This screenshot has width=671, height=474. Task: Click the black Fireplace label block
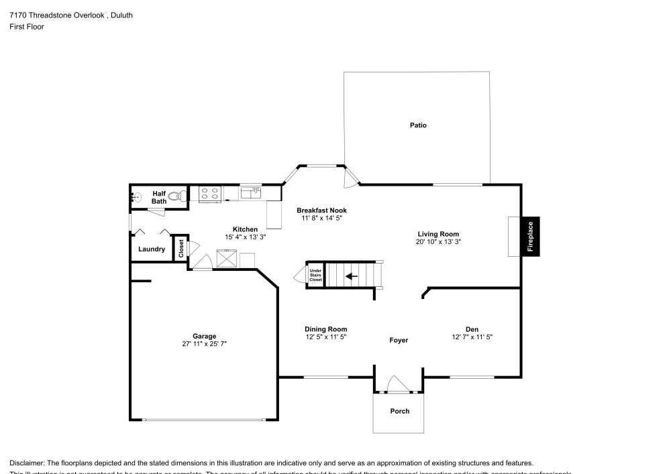coord(530,237)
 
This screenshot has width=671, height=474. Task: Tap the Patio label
coord(418,125)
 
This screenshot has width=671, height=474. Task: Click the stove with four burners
coord(210,194)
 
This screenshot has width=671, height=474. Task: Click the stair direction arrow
coord(352,276)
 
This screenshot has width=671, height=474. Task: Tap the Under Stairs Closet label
coord(315,275)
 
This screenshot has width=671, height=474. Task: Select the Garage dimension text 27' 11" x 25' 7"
coord(205,343)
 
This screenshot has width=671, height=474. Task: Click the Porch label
coord(399,411)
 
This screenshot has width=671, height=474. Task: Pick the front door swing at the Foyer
coord(399,385)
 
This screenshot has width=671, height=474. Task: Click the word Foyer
coord(399,340)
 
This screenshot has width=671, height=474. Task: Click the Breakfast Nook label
coord(321,211)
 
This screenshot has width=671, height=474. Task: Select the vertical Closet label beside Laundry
coord(181,248)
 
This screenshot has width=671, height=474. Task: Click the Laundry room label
coord(152,249)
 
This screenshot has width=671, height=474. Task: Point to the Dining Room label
coord(326,329)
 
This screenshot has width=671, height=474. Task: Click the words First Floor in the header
coord(27,27)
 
